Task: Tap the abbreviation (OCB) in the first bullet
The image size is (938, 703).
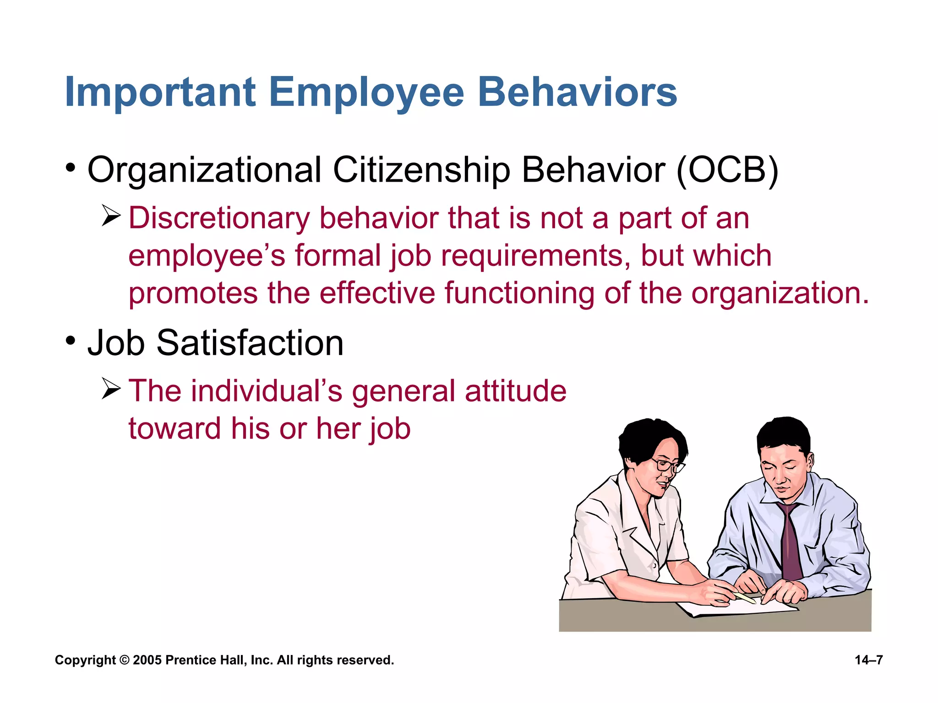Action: (x=727, y=170)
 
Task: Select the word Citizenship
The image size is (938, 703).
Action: (x=421, y=170)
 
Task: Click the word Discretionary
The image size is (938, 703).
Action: (x=219, y=218)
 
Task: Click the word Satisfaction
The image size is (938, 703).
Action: (x=250, y=343)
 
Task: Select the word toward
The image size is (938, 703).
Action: (x=175, y=428)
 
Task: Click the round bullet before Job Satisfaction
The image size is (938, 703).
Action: (x=70, y=341)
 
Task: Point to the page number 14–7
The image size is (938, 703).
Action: (x=868, y=660)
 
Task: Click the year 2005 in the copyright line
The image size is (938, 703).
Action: (x=147, y=660)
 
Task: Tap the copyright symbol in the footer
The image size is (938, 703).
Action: (x=124, y=660)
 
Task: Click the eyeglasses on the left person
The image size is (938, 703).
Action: (x=667, y=465)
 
